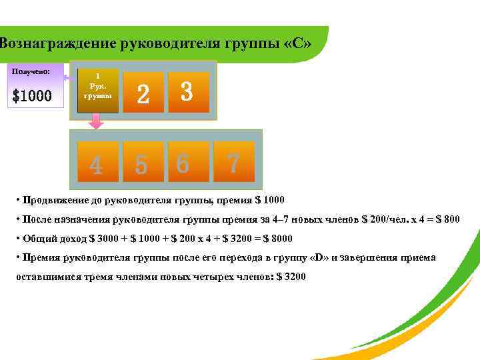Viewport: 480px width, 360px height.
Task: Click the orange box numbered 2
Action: (143, 92)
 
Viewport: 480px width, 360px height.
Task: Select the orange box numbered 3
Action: (188, 92)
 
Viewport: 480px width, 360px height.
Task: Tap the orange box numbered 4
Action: (97, 161)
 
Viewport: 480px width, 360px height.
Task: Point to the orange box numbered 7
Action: (233, 161)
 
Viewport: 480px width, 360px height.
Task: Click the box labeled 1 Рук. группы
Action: (97, 91)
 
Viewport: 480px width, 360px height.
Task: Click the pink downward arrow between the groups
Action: (97, 121)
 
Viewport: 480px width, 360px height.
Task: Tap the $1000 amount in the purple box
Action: (32, 97)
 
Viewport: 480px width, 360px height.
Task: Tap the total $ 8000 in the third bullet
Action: (277, 238)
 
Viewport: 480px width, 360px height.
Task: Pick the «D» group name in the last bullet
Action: (320, 257)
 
